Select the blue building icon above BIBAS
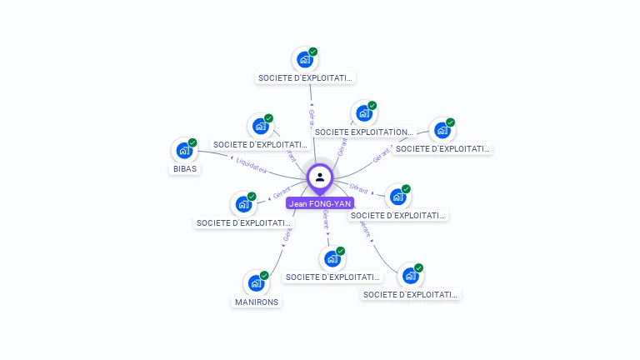coord(183,151)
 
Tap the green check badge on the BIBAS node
coord(192,142)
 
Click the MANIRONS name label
coord(257,302)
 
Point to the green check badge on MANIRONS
coord(264,275)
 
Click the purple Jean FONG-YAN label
coord(320,203)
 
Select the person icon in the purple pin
coord(320,177)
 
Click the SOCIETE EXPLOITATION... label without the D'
coord(364,132)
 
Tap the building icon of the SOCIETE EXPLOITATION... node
coord(362,113)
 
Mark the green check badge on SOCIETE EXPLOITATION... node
coord(372,105)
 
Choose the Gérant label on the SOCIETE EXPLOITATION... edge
coord(341,147)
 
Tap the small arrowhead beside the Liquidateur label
coord(232,157)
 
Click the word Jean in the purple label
coord(297,203)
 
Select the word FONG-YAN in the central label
coord(330,203)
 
